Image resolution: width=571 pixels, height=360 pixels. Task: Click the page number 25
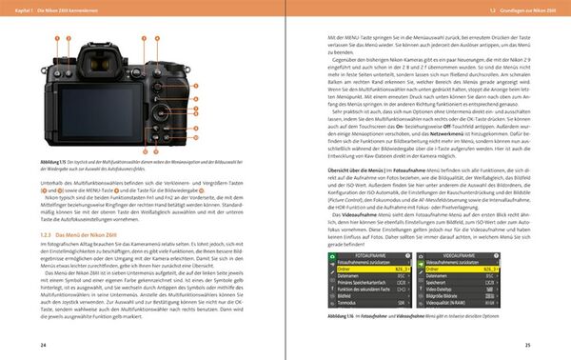(x=526, y=343)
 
